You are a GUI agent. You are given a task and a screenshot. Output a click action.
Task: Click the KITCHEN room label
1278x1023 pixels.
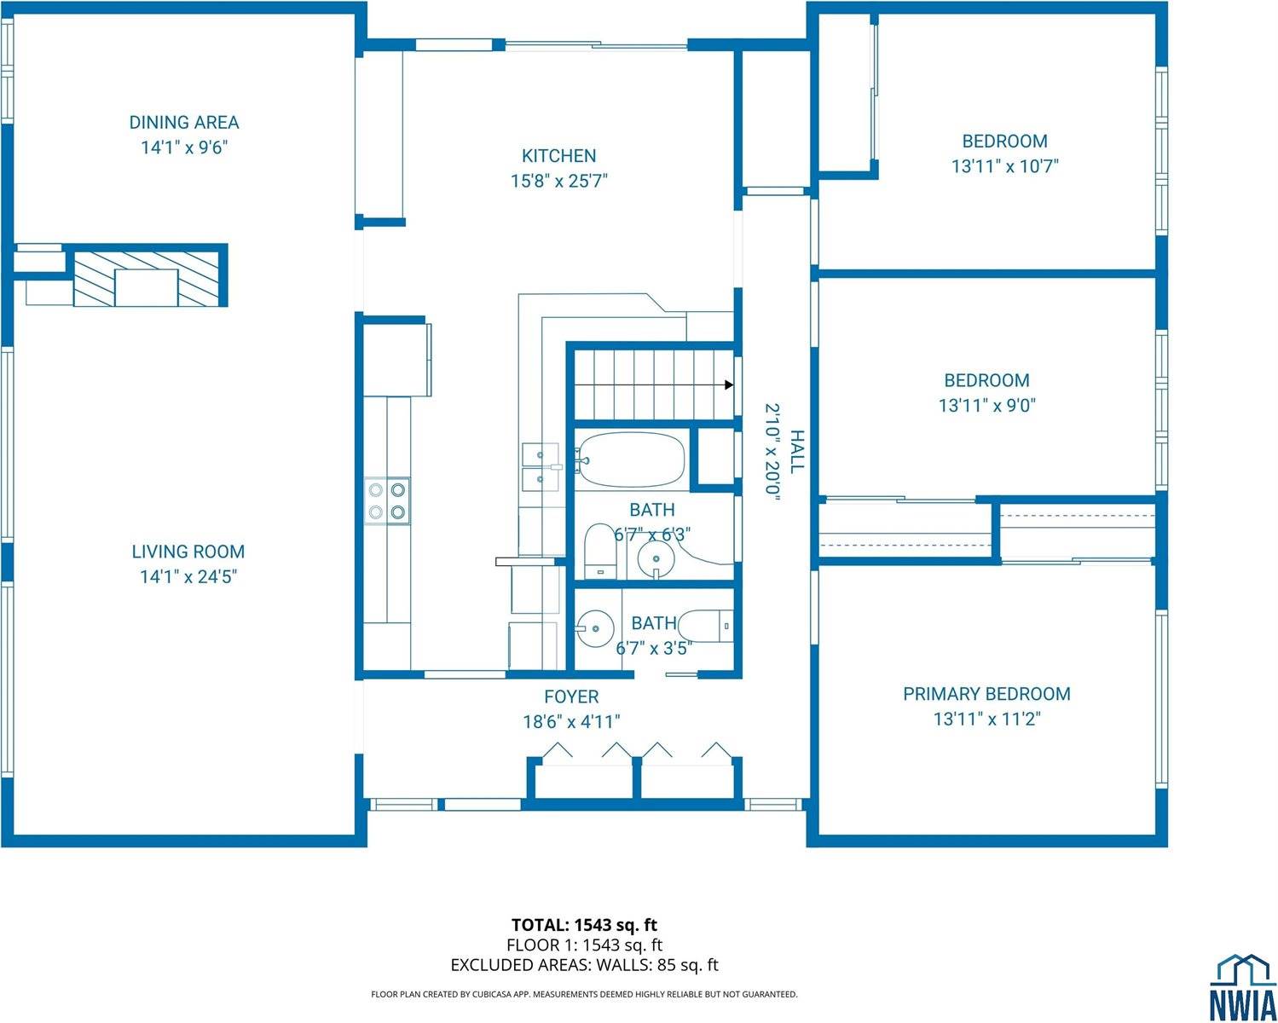coord(558,156)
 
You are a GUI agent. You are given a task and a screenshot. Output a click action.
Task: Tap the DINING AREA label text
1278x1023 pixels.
coord(184,123)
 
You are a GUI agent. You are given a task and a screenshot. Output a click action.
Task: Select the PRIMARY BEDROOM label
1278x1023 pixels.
coord(986,694)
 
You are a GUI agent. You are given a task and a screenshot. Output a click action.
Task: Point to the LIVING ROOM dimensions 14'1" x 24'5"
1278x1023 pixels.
coord(188,577)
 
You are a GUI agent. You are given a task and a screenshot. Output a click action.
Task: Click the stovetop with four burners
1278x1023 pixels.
coord(387,500)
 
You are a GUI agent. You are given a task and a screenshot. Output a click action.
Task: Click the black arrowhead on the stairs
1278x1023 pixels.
coord(729,385)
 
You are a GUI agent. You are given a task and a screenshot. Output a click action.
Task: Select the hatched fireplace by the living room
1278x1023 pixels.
coord(150,278)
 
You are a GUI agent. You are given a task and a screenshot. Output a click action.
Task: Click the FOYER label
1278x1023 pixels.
coord(571,697)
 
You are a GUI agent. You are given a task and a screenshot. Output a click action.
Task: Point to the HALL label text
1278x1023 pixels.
coord(796,452)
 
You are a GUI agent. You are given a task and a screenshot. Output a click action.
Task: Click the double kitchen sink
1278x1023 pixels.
coord(540,467)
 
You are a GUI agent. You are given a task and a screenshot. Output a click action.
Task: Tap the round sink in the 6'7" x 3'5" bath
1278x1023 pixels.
coord(594,629)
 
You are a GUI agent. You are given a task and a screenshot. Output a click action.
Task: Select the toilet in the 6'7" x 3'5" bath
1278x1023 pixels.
coord(713,627)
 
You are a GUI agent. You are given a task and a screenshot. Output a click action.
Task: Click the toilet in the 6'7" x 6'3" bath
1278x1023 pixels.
coord(600,552)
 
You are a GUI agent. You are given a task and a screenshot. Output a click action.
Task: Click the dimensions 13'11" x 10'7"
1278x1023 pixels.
coord(1004,166)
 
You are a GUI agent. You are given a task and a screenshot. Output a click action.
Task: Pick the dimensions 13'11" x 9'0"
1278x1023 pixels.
coord(986,406)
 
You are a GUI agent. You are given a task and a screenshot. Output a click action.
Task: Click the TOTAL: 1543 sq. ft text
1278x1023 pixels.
coord(584,924)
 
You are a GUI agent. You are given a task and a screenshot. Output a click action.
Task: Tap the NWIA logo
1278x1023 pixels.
coord(1243,986)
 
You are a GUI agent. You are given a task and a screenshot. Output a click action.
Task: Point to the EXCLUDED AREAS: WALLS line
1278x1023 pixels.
coord(584,965)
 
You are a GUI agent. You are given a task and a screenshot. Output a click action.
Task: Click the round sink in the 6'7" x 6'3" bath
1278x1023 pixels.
coord(656,559)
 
